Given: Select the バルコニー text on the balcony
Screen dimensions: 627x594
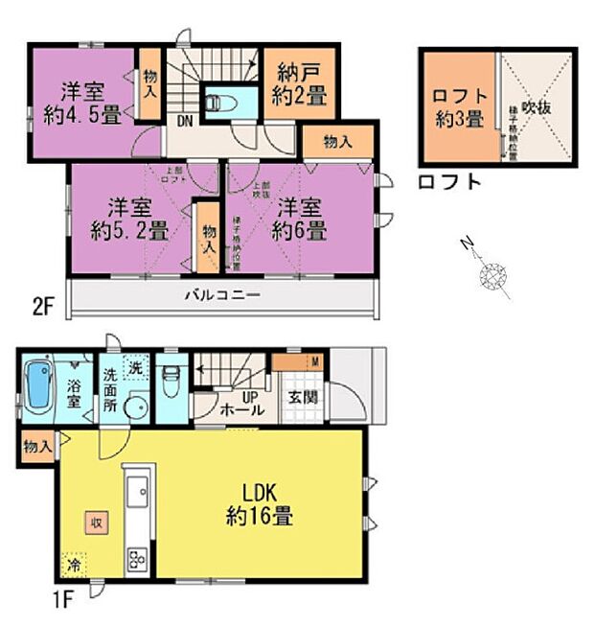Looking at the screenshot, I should pos(221,295).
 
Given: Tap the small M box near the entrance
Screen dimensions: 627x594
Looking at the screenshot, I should pos(315,361).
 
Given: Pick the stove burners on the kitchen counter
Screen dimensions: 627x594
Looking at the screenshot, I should pos(135,559).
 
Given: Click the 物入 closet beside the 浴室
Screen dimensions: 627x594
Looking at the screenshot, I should pos(38,448).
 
